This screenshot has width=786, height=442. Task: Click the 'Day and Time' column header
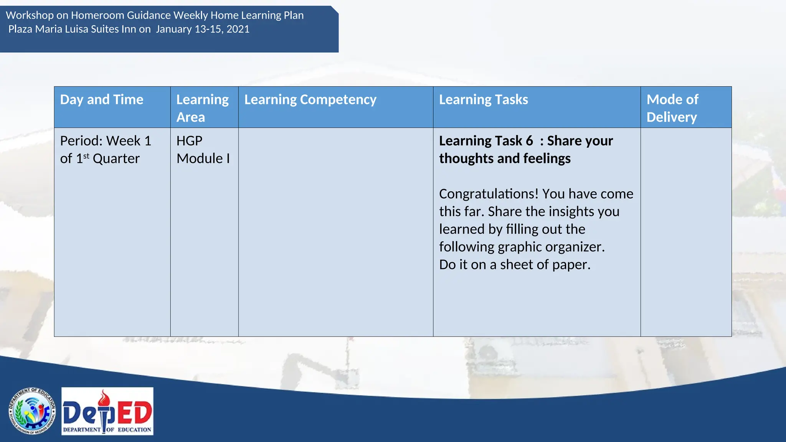(102, 100)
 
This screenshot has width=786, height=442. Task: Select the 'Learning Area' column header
(202, 108)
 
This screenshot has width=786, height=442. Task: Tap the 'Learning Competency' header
(310, 100)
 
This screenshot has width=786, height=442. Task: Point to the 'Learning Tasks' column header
(483, 100)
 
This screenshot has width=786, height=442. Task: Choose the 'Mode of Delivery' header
(672, 108)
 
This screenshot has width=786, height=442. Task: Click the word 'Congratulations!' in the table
(489, 194)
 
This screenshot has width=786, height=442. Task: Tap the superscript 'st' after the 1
(86, 156)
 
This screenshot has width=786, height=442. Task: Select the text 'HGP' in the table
(189, 141)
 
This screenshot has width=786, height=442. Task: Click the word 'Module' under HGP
(200, 158)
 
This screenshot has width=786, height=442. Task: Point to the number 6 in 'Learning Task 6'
(529, 141)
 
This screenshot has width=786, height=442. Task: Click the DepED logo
(107, 411)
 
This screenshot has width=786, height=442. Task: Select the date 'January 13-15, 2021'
(203, 29)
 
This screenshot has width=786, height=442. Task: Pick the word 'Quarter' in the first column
(116, 158)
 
